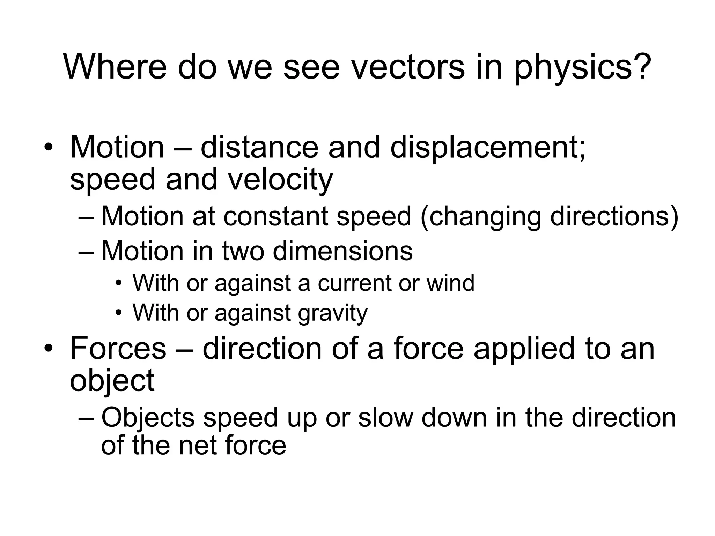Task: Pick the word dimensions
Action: coord(342,251)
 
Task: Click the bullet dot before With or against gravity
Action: coord(119,313)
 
